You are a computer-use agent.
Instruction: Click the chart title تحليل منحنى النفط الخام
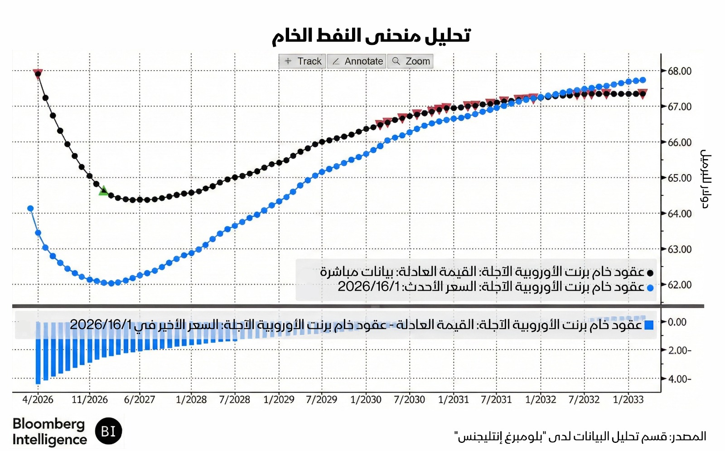coord(371,35)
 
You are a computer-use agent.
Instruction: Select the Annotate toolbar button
coord(357,61)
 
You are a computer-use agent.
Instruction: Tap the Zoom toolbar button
coord(411,61)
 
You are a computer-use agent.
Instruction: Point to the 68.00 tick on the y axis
coord(679,71)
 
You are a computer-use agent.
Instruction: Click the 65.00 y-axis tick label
coord(679,178)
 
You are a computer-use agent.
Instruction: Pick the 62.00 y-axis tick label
coord(679,285)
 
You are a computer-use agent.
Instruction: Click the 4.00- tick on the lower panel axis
coord(680,379)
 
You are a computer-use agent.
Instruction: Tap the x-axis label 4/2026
coord(38,400)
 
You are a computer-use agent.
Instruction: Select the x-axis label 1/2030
coord(366,400)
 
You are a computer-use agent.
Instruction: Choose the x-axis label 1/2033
coord(628,400)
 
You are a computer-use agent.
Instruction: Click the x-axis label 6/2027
coord(140,400)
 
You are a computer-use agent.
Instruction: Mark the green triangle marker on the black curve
coord(104,191)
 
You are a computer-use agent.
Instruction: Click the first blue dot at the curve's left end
coord(30,209)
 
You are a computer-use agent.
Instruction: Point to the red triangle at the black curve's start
coord(38,73)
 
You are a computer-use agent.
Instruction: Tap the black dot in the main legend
coord(650,273)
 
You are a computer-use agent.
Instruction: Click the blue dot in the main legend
coord(650,288)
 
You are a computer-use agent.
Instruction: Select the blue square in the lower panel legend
coord(649,325)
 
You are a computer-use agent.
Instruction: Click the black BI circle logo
coord(109,431)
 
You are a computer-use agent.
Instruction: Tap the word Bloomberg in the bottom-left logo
coord(48,424)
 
